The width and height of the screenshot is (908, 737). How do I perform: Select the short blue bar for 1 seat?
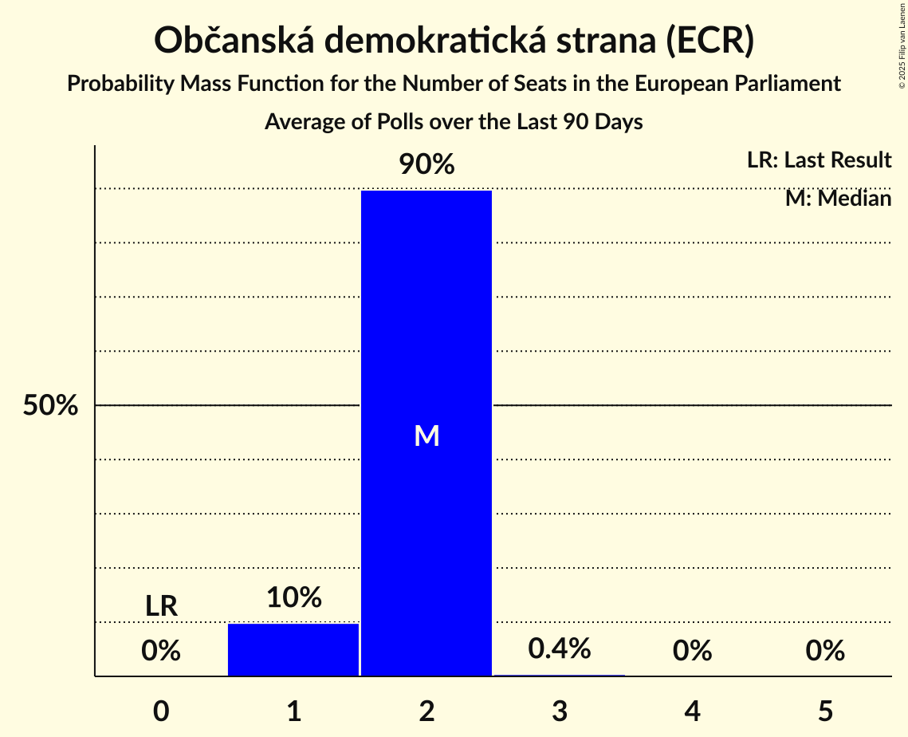(x=293, y=649)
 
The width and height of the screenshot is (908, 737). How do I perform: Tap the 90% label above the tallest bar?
(x=426, y=165)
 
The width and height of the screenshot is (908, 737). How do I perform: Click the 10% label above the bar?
(x=293, y=597)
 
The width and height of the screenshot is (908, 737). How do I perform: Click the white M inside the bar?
(x=426, y=436)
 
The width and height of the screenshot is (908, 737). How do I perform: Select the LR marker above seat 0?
(x=161, y=606)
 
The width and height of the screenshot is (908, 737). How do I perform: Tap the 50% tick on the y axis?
(x=50, y=405)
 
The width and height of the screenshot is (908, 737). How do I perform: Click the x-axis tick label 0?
(x=161, y=711)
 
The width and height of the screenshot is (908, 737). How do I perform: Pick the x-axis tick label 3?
(x=560, y=711)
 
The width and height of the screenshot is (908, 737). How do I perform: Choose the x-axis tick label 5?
(x=825, y=711)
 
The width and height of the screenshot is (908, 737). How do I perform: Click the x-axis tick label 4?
(x=692, y=711)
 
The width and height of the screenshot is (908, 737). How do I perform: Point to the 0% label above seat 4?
(x=692, y=652)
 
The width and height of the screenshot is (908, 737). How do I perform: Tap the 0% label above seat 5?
(x=825, y=652)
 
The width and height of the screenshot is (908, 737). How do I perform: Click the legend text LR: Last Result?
(x=819, y=160)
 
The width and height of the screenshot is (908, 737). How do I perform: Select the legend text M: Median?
(x=838, y=198)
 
